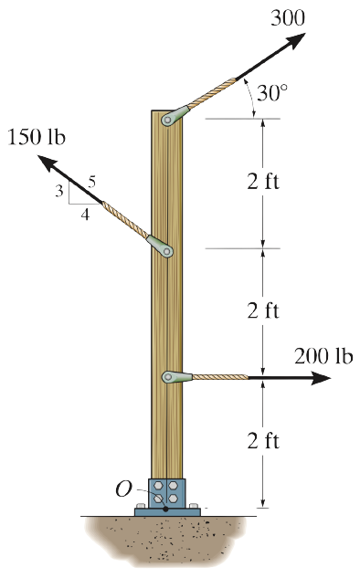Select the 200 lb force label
pyautogui.click(x=323, y=356)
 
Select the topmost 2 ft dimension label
pyautogui.click(x=263, y=180)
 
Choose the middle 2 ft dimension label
pyautogui.click(x=263, y=310)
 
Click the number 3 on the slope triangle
pyautogui.click(x=58, y=191)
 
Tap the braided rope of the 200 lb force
pyautogui.click(x=219, y=377)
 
